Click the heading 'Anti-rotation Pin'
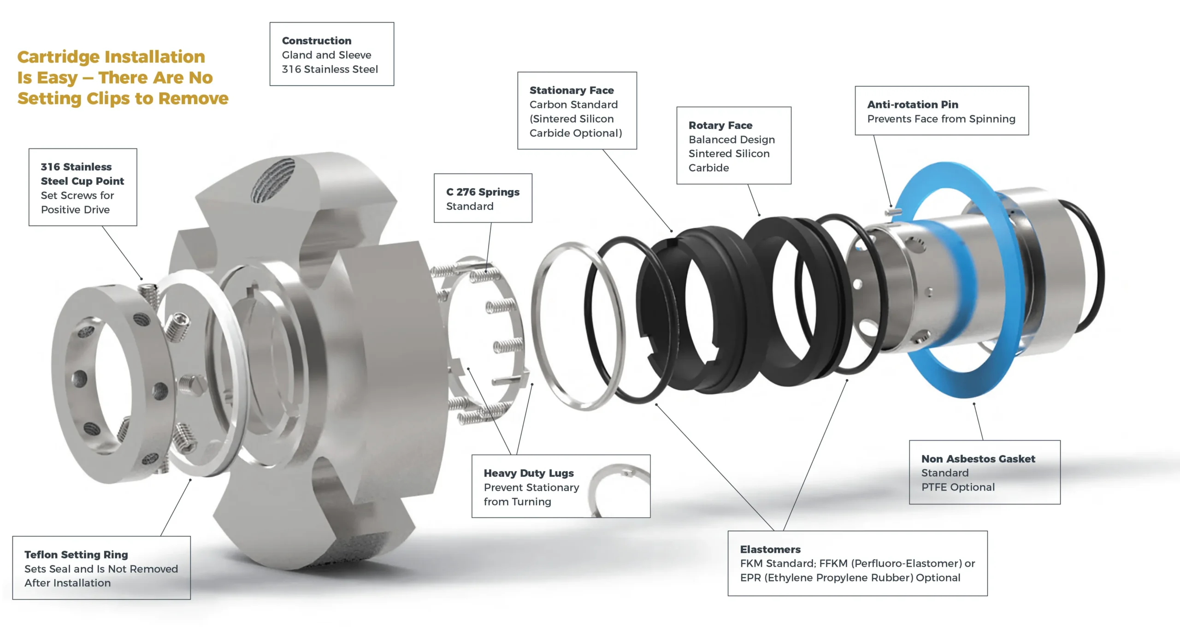point(912,105)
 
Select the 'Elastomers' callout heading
point(770,549)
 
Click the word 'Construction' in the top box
point(316,41)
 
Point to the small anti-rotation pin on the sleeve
point(893,212)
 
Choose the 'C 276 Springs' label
point(482,192)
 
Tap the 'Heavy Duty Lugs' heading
point(528,473)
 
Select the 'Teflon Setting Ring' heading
point(76,554)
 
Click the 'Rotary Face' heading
point(720,125)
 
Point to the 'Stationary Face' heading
point(571,90)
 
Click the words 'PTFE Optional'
point(957,487)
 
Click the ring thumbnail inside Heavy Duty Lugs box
point(618,489)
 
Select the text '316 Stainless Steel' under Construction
point(330,69)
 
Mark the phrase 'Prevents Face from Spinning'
point(941,119)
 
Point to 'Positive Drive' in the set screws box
point(75,210)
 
